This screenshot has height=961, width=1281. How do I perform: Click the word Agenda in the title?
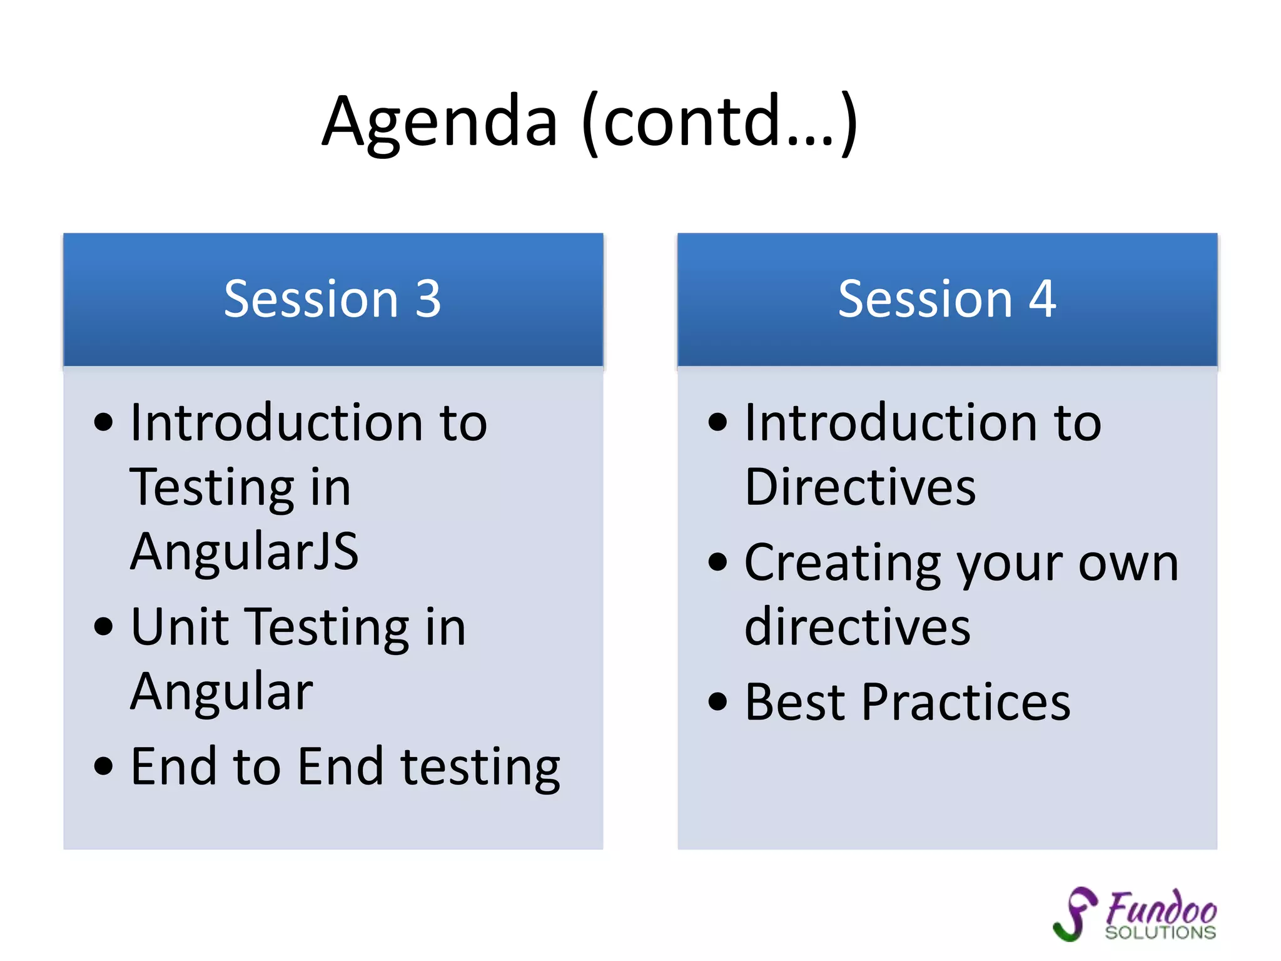click(439, 122)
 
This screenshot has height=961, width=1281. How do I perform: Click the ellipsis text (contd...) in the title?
click(719, 122)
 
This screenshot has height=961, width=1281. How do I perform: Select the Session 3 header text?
click(332, 299)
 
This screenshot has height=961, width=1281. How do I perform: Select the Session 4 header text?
click(946, 299)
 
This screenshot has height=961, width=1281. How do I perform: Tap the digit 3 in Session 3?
click(428, 299)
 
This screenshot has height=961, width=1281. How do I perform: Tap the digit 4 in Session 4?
click(1043, 299)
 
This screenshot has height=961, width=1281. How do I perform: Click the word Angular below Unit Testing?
click(221, 692)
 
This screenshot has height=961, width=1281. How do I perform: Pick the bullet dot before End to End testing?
click(104, 766)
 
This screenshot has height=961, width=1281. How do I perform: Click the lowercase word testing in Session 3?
click(480, 768)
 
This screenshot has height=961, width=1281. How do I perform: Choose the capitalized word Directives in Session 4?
click(860, 487)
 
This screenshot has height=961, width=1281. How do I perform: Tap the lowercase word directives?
click(858, 627)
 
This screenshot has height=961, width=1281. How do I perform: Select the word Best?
click(795, 703)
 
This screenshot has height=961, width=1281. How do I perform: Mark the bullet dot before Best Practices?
click(718, 702)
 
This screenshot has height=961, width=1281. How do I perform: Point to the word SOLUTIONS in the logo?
click(1160, 933)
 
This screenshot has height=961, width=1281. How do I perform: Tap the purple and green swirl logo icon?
click(1075, 913)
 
